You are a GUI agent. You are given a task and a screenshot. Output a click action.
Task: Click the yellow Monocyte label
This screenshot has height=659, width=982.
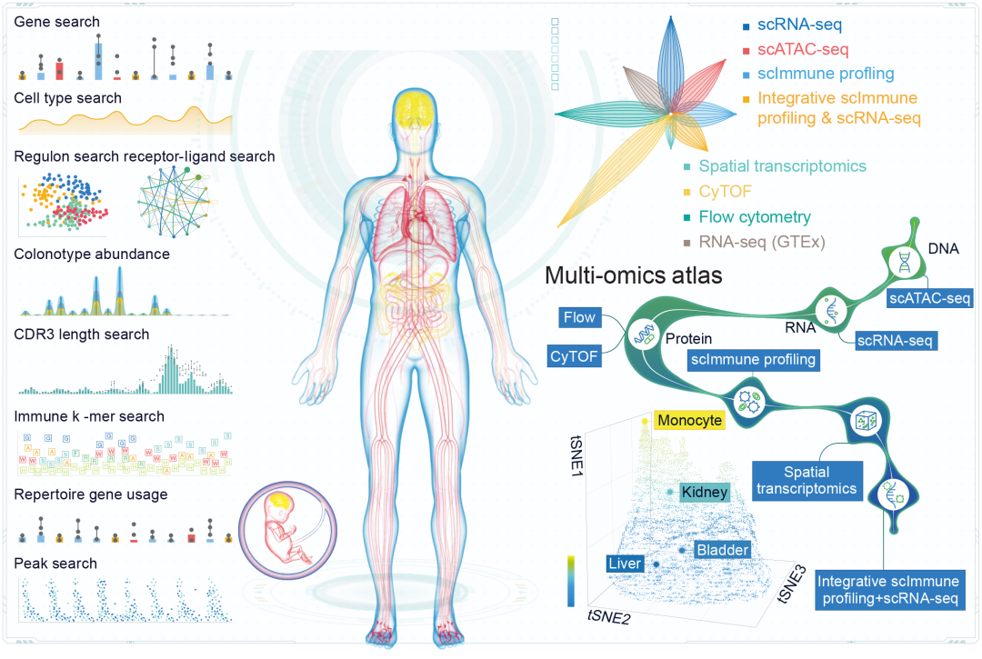pyautogui.click(x=689, y=420)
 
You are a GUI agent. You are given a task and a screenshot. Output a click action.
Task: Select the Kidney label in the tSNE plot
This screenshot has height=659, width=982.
pyautogui.click(x=705, y=492)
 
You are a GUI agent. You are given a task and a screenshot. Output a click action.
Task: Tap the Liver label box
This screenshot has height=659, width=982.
pyautogui.click(x=625, y=564)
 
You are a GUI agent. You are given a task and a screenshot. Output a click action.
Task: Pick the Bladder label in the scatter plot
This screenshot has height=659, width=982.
pyautogui.click(x=722, y=550)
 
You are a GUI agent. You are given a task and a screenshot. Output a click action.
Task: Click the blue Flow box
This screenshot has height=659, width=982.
pyautogui.click(x=579, y=317)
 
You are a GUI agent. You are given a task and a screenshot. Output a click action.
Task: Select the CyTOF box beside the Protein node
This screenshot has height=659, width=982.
pyautogui.click(x=574, y=356)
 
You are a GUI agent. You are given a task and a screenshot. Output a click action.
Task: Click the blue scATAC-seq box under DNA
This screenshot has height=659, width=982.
pyautogui.click(x=929, y=297)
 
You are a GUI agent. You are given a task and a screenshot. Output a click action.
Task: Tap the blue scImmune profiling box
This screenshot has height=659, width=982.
pyautogui.click(x=752, y=360)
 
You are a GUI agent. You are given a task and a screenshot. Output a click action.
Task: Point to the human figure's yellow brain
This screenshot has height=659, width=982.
pyautogui.click(x=418, y=109)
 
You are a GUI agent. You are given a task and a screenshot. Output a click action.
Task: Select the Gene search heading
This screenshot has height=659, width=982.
pyautogui.click(x=57, y=21)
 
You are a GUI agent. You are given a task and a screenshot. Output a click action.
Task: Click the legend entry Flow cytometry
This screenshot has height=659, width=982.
pyautogui.click(x=755, y=217)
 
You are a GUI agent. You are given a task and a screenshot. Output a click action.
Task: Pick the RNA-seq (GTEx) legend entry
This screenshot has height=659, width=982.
pyautogui.click(x=762, y=242)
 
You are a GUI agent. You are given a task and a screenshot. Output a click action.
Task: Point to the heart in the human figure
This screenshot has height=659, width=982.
pyautogui.click(x=419, y=220)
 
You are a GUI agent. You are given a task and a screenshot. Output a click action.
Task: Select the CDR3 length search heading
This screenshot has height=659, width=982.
pyautogui.click(x=82, y=334)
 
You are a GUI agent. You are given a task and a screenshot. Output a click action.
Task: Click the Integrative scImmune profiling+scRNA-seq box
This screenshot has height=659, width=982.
pyautogui.click(x=889, y=589)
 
